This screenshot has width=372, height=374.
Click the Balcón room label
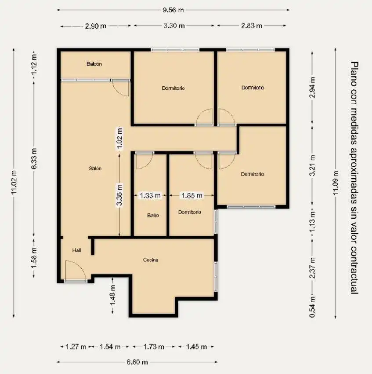click(94, 64)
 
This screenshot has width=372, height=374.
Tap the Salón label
click(95, 169)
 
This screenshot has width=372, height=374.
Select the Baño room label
click(153, 216)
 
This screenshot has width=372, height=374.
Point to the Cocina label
click(151, 260)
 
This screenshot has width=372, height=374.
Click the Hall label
click(76, 250)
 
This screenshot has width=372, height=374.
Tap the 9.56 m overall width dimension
click(173, 10)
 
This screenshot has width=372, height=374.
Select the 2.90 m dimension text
click(95, 26)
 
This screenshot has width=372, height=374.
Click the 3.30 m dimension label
click(174, 26)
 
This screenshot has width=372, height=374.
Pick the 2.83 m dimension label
click(252, 26)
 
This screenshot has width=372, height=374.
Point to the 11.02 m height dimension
click(14, 182)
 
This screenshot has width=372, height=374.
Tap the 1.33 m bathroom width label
click(150, 196)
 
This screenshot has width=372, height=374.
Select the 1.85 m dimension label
click(192, 196)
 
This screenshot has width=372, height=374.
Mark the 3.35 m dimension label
click(119, 194)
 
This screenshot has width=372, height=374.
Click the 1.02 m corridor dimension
click(119, 138)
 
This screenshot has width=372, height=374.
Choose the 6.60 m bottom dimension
click(137, 362)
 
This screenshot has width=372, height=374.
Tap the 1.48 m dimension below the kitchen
click(112, 295)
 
